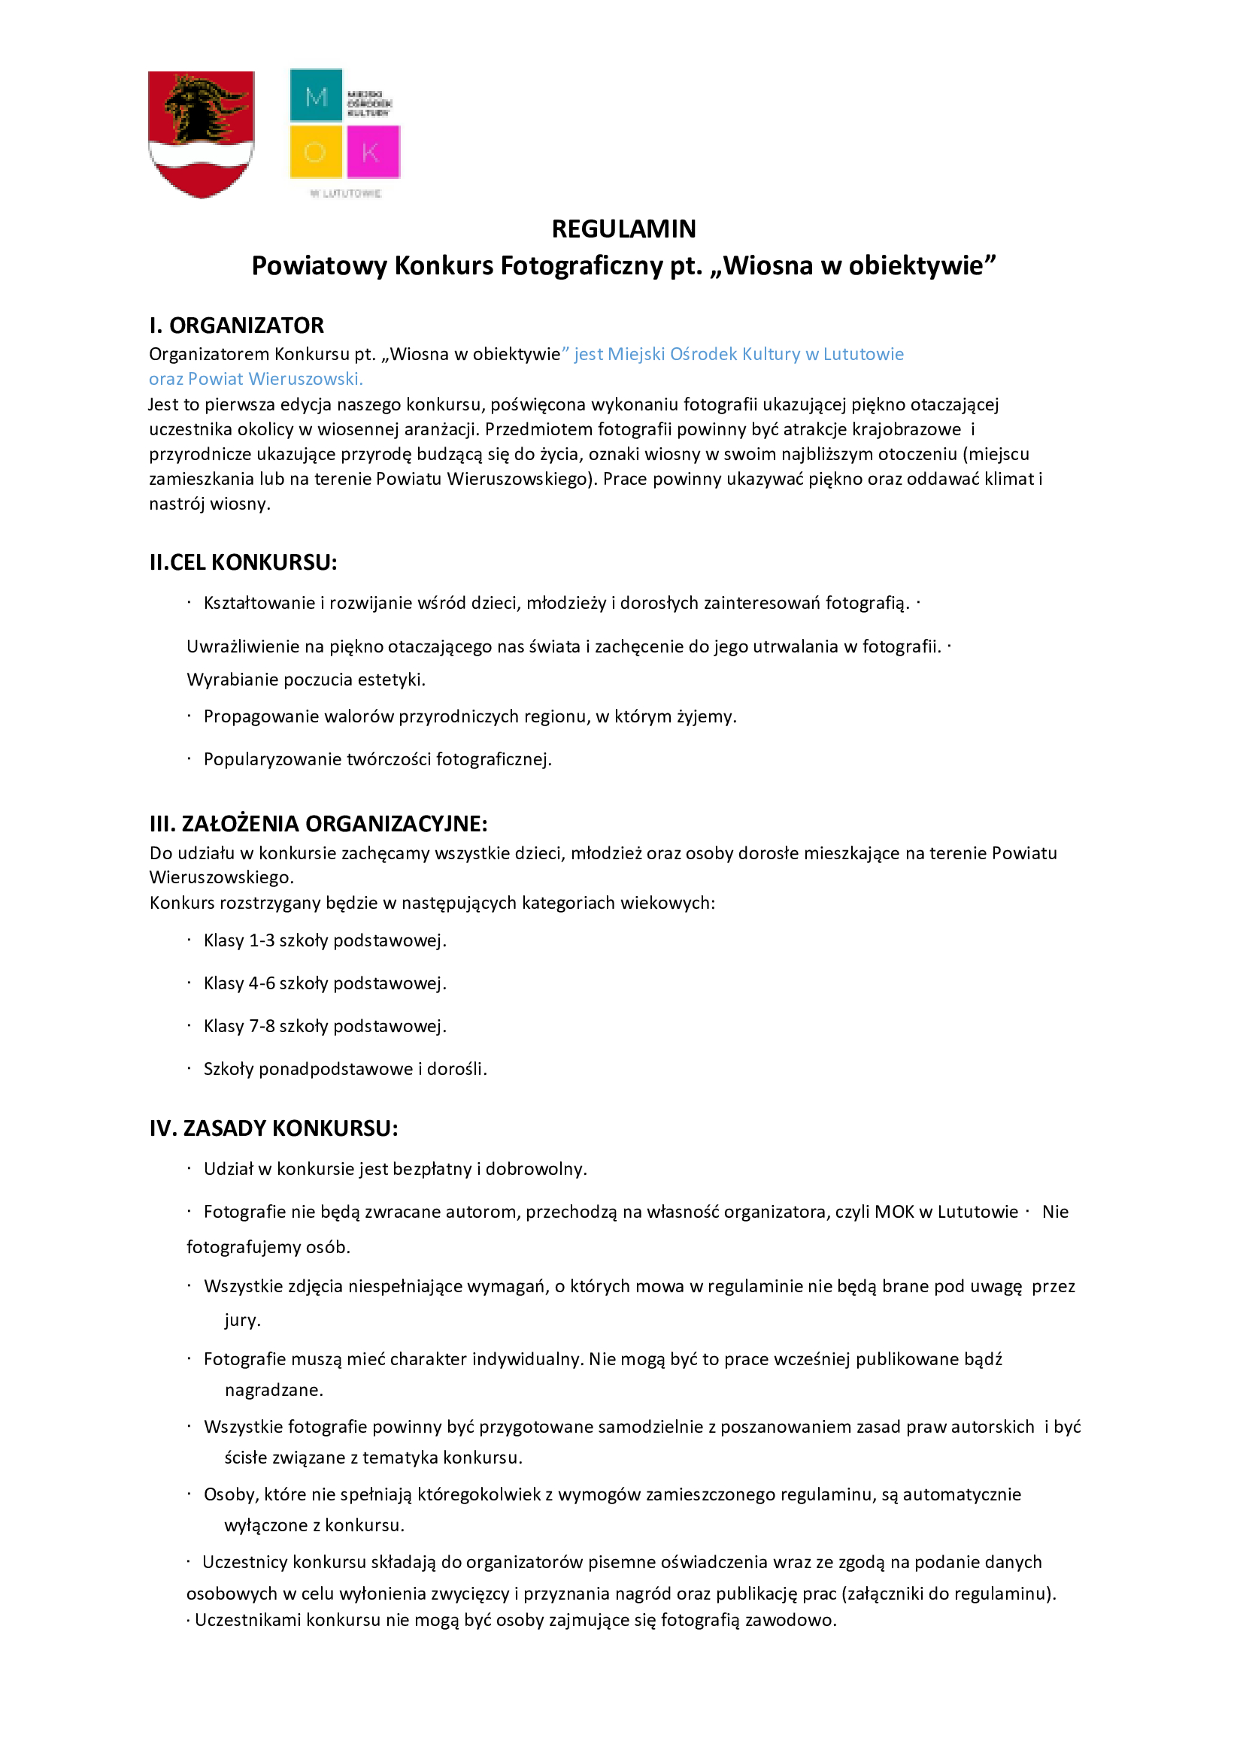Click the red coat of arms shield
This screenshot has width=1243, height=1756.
(x=201, y=134)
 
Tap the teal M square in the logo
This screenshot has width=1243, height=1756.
(x=316, y=95)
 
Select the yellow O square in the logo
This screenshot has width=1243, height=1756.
(x=315, y=153)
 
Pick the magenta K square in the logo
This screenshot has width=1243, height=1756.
(x=373, y=153)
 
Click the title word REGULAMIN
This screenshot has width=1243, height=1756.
(x=624, y=229)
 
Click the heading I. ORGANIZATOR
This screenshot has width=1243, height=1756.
(x=237, y=325)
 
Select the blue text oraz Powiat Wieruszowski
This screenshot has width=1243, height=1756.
(x=256, y=379)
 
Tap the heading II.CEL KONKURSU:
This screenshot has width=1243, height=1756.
(x=243, y=562)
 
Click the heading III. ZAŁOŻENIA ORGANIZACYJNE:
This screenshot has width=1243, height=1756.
(x=317, y=824)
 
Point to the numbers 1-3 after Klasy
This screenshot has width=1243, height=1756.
(x=262, y=940)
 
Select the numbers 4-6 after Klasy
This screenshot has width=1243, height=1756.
(x=262, y=983)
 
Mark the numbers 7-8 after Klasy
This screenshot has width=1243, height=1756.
(x=262, y=1026)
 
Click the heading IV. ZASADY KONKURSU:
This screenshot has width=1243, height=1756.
(x=273, y=1128)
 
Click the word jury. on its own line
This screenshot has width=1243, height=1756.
(x=243, y=1320)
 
